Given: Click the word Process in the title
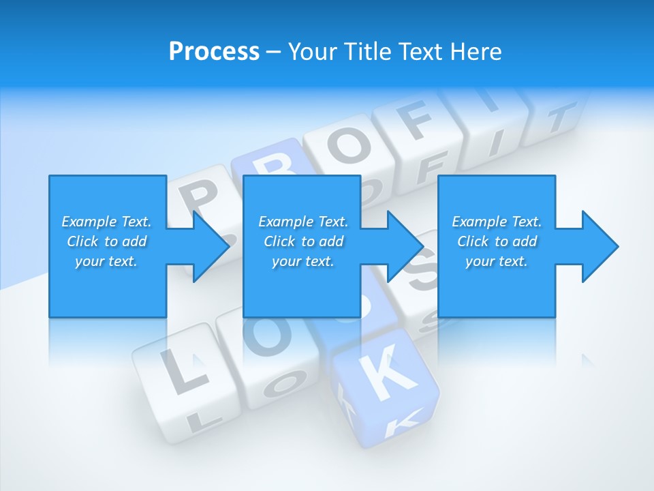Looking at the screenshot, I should [x=214, y=51].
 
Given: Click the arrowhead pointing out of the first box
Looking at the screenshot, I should [x=207, y=246].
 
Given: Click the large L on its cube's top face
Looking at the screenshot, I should [x=179, y=372].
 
